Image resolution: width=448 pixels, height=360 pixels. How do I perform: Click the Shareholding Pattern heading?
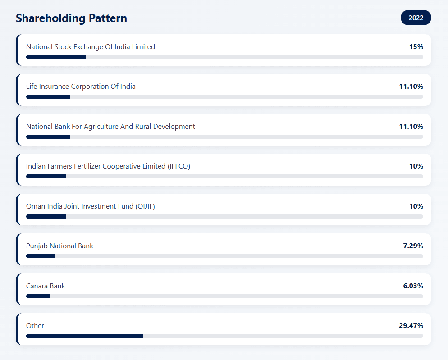click(71, 18)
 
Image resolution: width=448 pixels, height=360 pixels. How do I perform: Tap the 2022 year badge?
click(416, 18)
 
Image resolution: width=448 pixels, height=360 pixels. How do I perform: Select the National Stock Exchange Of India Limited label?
click(91, 46)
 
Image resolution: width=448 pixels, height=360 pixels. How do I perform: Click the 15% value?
click(416, 46)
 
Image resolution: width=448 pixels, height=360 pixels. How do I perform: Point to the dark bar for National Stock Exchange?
click(56, 57)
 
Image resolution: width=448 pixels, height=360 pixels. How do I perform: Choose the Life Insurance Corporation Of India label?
click(81, 86)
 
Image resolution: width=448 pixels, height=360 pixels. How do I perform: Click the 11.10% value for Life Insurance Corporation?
click(411, 86)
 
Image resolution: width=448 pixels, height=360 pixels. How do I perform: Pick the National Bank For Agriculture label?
click(110, 126)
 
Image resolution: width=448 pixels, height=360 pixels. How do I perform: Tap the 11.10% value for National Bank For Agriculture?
click(411, 126)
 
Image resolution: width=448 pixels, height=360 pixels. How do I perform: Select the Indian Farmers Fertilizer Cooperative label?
click(108, 166)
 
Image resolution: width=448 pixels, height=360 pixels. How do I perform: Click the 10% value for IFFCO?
click(416, 166)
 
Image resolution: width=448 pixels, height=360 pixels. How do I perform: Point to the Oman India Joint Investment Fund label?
click(91, 206)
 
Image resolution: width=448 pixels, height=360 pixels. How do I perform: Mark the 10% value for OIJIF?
click(416, 206)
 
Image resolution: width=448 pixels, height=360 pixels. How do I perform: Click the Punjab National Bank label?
click(60, 246)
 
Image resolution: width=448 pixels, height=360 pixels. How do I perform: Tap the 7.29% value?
click(413, 246)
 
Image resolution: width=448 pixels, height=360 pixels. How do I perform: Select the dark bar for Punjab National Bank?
click(41, 256)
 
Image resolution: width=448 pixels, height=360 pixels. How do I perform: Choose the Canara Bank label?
click(46, 286)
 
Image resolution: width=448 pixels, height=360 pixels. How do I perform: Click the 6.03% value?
click(413, 286)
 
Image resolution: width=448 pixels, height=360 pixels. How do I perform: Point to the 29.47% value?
click(411, 325)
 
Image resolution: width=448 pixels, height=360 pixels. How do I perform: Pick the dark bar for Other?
click(85, 336)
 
